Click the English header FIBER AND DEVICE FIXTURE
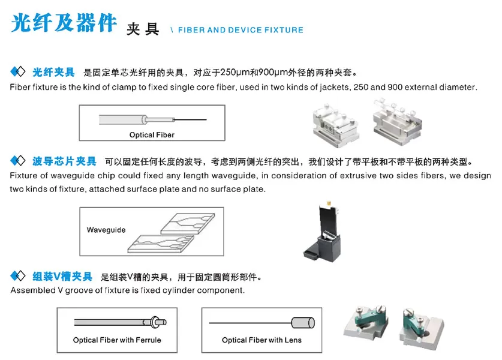[x=241, y=30]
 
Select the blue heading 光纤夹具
[x=53, y=72]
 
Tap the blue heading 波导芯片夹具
[x=64, y=161]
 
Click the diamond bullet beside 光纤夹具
[x=18, y=72]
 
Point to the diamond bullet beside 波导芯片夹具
[x=18, y=161]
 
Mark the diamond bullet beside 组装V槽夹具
[x=18, y=277]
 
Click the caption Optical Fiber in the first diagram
[x=152, y=135]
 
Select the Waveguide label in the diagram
[x=106, y=230]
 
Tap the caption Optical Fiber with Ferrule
[x=117, y=340]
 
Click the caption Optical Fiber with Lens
[x=261, y=340]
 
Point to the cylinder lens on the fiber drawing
[x=303, y=323]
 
